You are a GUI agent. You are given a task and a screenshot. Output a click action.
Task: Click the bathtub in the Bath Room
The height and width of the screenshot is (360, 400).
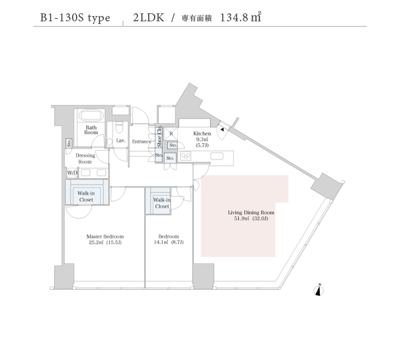91,115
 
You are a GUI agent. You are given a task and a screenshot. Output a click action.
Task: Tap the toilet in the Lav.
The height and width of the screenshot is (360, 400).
119,127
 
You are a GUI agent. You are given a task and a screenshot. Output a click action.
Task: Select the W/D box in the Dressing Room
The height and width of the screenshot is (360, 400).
72,173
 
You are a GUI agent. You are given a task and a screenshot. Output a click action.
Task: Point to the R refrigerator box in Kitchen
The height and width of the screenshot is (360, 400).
171,133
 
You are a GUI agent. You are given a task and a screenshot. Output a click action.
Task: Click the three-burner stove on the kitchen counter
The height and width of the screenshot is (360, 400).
185,156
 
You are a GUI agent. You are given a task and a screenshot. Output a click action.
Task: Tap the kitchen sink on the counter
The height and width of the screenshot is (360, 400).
217,155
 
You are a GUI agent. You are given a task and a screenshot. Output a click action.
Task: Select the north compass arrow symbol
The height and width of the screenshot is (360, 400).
319,290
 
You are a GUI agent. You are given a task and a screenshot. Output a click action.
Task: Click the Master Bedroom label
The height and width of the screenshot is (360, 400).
105,237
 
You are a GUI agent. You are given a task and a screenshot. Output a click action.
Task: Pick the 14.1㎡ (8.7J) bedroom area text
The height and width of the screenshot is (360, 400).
169,242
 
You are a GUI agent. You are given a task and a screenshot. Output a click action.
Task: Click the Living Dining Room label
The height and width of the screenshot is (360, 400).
251,212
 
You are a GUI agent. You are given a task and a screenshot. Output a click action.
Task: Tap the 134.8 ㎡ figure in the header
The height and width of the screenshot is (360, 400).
241,17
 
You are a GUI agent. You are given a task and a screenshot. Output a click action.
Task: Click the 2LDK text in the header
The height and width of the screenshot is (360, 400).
149,17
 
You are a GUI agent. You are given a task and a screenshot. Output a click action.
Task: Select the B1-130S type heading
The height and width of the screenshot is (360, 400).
75,18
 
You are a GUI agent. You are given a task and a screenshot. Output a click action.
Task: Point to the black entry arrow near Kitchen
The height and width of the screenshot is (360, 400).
222,129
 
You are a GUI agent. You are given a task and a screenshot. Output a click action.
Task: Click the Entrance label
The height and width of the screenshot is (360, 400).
141,141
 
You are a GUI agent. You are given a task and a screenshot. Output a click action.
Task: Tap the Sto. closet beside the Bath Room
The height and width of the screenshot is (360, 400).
69,143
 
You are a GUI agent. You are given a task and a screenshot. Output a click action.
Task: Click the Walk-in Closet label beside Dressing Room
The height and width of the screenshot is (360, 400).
86,197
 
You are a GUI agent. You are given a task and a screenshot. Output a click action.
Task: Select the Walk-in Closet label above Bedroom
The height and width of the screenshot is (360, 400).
162,203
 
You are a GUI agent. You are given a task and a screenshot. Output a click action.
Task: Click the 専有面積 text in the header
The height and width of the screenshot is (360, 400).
197,18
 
